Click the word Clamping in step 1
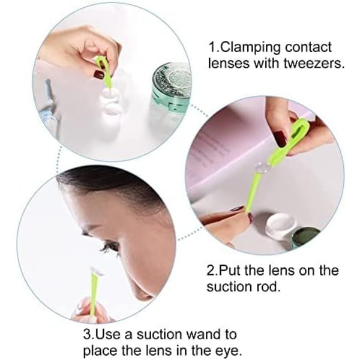(x=251, y=48)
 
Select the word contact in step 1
(x=308, y=47)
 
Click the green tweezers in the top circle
(x=104, y=71)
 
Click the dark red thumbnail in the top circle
(x=99, y=74)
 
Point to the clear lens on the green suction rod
(x=262, y=167)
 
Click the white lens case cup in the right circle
(x=280, y=223)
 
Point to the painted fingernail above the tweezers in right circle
(x=280, y=139)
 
